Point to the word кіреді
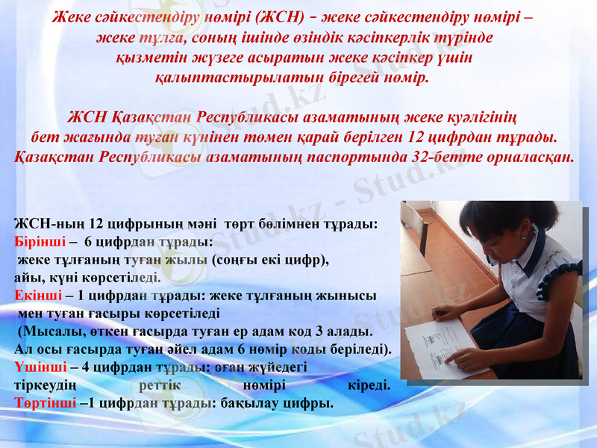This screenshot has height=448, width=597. click(x=369, y=385)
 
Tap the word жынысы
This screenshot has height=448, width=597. click(x=351, y=295)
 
